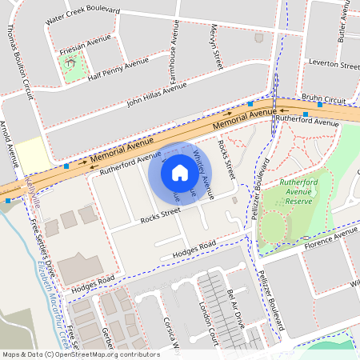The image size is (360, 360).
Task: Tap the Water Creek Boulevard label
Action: pyautogui.click(x=83, y=13)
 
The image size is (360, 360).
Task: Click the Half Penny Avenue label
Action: pyautogui.click(x=119, y=67)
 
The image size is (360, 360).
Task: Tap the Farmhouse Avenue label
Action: pyautogui.click(x=174, y=40)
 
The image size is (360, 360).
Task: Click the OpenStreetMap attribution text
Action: pyautogui.click(x=80, y=354)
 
